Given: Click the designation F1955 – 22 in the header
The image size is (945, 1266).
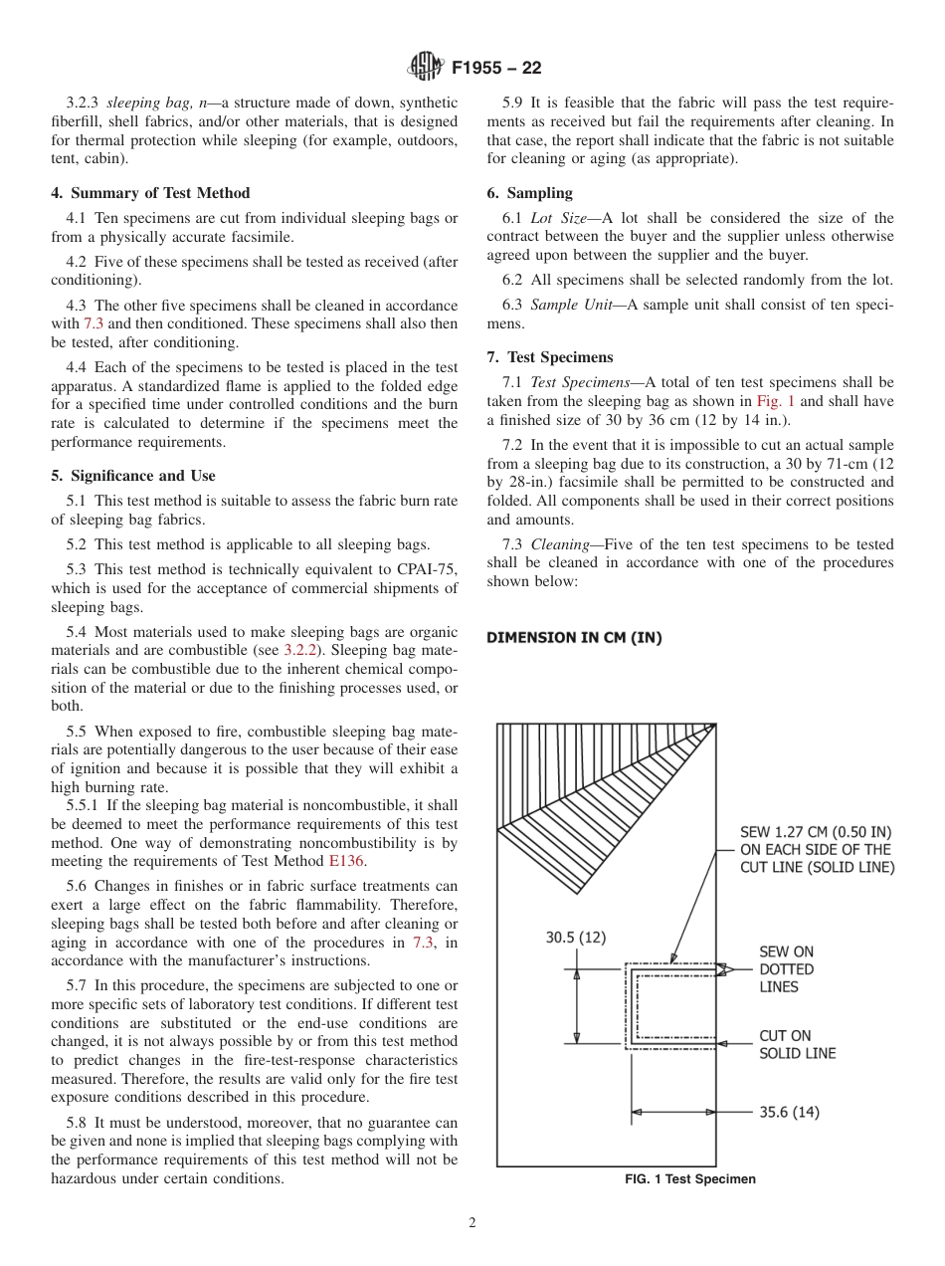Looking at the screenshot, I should (x=496, y=69).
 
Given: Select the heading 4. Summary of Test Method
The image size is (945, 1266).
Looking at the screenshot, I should (x=150, y=193).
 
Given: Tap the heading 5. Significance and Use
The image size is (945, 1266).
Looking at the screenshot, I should (x=133, y=476).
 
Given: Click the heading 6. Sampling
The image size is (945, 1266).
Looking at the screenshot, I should (x=529, y=193).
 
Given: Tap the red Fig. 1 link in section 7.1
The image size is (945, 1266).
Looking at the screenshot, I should (x=776, y=401).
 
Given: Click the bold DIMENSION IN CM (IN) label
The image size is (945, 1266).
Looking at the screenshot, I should (x=574, y=637).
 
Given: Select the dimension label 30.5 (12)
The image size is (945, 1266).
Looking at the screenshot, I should (x=576, y=937).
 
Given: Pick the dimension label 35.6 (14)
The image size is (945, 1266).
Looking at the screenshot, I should (x=790, y=1112).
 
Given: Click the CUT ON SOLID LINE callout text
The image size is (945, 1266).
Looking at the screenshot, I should (x=797, y=1044).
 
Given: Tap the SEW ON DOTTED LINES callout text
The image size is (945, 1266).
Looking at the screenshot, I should (x=786, y=969).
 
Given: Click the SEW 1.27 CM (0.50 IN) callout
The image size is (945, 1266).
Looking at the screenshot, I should (x=816, y=849).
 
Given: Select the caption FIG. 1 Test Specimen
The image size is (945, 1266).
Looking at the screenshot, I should (x=689, y=1179).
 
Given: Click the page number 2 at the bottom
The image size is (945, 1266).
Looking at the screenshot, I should (x=472, y=1223).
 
